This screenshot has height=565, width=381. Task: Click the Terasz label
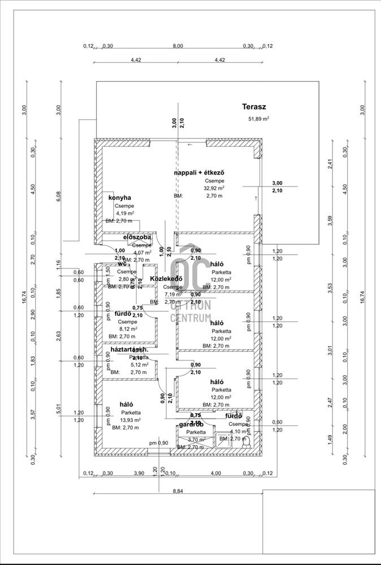pos(254,106)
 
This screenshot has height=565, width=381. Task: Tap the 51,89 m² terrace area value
pos(259,119)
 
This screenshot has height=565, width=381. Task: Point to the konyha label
pos(120,198)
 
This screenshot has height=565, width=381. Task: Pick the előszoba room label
pos(137,237)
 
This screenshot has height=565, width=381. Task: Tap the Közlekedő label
pos(165,279)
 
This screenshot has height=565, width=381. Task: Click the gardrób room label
pos(191,424)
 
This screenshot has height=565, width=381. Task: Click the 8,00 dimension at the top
pos(177,46)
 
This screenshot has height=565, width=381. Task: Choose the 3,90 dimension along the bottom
pos(138,473)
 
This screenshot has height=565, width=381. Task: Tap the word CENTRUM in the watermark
pos(190,317)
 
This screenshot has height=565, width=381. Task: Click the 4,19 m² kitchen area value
pos(124,214)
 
